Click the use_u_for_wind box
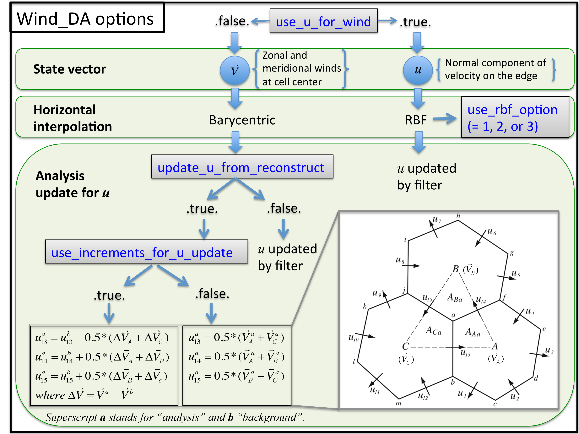[x=323, y=21]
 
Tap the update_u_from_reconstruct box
[x=242, y=167]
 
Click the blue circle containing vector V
[x=235, y=70]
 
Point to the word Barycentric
[x=242, y=120]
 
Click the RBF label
[x=416, y=120]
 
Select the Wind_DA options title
[x=85, y=19]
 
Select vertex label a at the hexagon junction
[x=453, y=315]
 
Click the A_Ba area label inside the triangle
[x=454, y=298]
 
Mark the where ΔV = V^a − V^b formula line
[x=84, y=394]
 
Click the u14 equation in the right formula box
[x=236, y=357]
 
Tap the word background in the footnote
[x=270, y=417]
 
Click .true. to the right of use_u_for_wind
[x=415, y=22]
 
